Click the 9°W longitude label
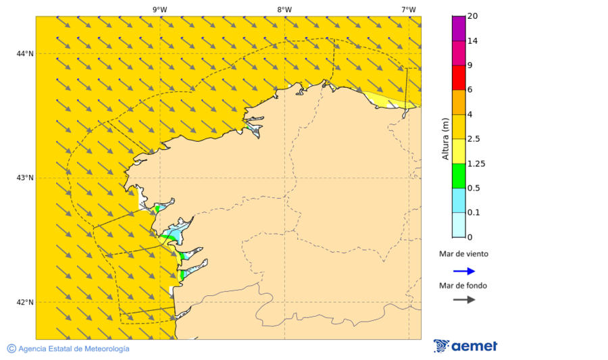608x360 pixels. [159, 9]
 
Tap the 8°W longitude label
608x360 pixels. [284, 9]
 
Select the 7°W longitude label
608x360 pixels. [408, 9]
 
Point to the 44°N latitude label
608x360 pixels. [26, 53]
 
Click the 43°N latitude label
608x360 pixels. [26, 178]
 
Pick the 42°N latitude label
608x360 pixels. [26, 302]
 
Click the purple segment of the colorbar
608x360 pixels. [458, 28]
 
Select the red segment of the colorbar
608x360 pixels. [458, 78]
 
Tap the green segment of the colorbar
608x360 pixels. [458, 176]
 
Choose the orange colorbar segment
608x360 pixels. [458, 102]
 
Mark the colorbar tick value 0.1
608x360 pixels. [473, 213]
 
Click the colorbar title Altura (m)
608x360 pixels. [445, 138]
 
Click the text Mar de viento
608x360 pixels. [463, 255]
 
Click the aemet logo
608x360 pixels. [465, 346]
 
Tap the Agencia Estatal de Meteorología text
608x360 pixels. [74, 349]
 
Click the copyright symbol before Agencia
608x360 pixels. [11, 349]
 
